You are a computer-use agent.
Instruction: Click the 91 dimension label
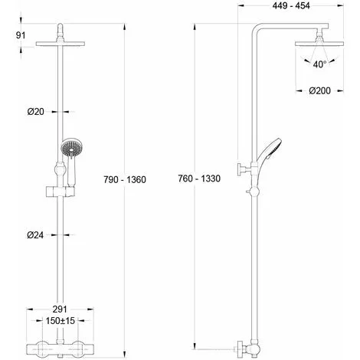pyautogui.click(x=21, y=35)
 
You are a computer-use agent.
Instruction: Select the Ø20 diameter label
pyautogui.click(x=36, y=112)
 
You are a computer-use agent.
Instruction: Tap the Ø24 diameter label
pyautogui.click(x=35, y=235)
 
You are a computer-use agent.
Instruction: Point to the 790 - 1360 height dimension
pyautogui.click(x=125, y=180)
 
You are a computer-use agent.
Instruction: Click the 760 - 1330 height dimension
pyautogui.click(x=199, y=178)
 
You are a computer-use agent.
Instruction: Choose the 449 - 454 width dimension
pyautogui.click(x=291, y=5)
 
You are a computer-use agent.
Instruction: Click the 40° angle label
pyautogui.click(x=319, y=64)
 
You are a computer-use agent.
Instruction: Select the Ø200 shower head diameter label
pyautogui.click(x=319, y=90)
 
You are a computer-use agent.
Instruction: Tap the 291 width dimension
pyautogui.click(x=60, y=309)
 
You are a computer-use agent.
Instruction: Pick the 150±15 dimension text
pyautogui.click(x=61, y=320)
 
